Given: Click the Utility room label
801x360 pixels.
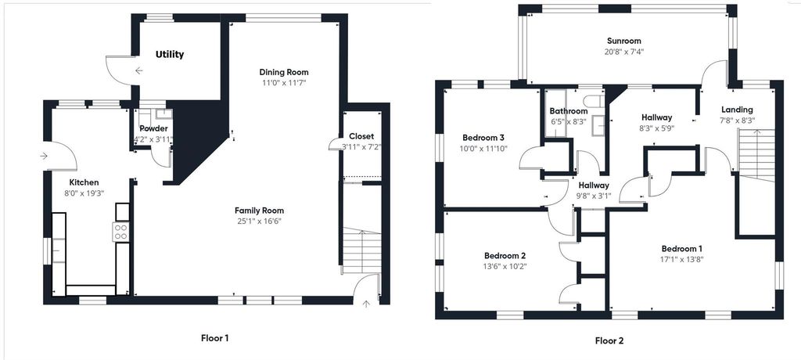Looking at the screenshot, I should point(170,55).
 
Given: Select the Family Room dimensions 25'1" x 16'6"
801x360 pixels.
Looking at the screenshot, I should point(259,221).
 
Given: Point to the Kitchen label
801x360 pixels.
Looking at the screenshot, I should point(84,182).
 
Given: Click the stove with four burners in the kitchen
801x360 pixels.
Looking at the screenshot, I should point(122,231).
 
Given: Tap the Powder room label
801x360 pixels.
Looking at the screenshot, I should point(153,129).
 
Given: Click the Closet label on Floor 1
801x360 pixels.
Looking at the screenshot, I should point(361,136).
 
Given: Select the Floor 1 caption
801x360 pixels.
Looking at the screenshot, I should point(214,339).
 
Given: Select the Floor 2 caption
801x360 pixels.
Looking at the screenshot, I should point(609,340).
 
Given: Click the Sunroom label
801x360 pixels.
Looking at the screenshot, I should point(623,41).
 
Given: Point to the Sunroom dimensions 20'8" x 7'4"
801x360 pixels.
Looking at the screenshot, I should point(623,52).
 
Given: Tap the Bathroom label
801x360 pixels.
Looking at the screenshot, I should point(568,111).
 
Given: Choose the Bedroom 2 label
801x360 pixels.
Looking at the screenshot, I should point(505,256).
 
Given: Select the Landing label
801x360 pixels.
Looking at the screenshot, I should point(737,110).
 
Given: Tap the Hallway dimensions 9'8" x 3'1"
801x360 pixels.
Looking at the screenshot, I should point(594,196).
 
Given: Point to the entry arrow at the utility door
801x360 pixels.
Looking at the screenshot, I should point(138,71).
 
